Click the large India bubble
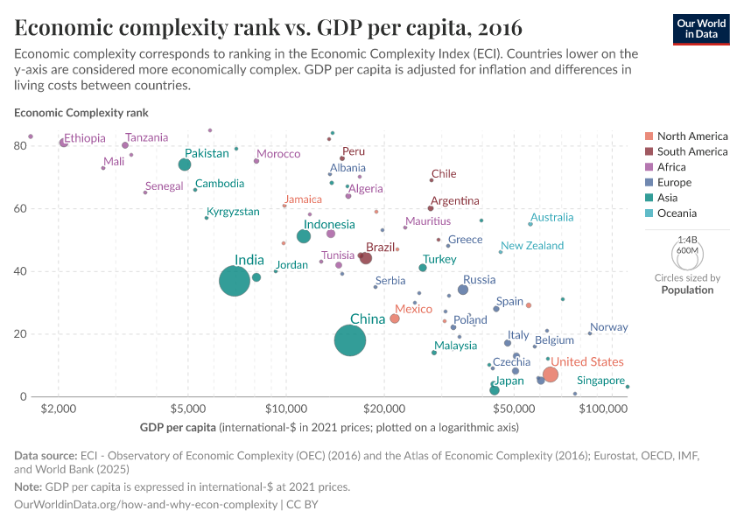tap(235, 281)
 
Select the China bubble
tap(350, 340)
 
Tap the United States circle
tap(550, 374)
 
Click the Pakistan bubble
tap(185, 164)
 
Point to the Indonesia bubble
tap(304, 236)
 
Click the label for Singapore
tap(600, 381)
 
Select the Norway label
tap(609, 327)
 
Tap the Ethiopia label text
tap(85, 138)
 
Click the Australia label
tap(552, 217)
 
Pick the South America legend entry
tap(691, 151)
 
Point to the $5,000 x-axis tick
tap(187, 409)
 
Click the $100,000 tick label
tap(602, 409)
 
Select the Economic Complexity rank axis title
tap(81, 113)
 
